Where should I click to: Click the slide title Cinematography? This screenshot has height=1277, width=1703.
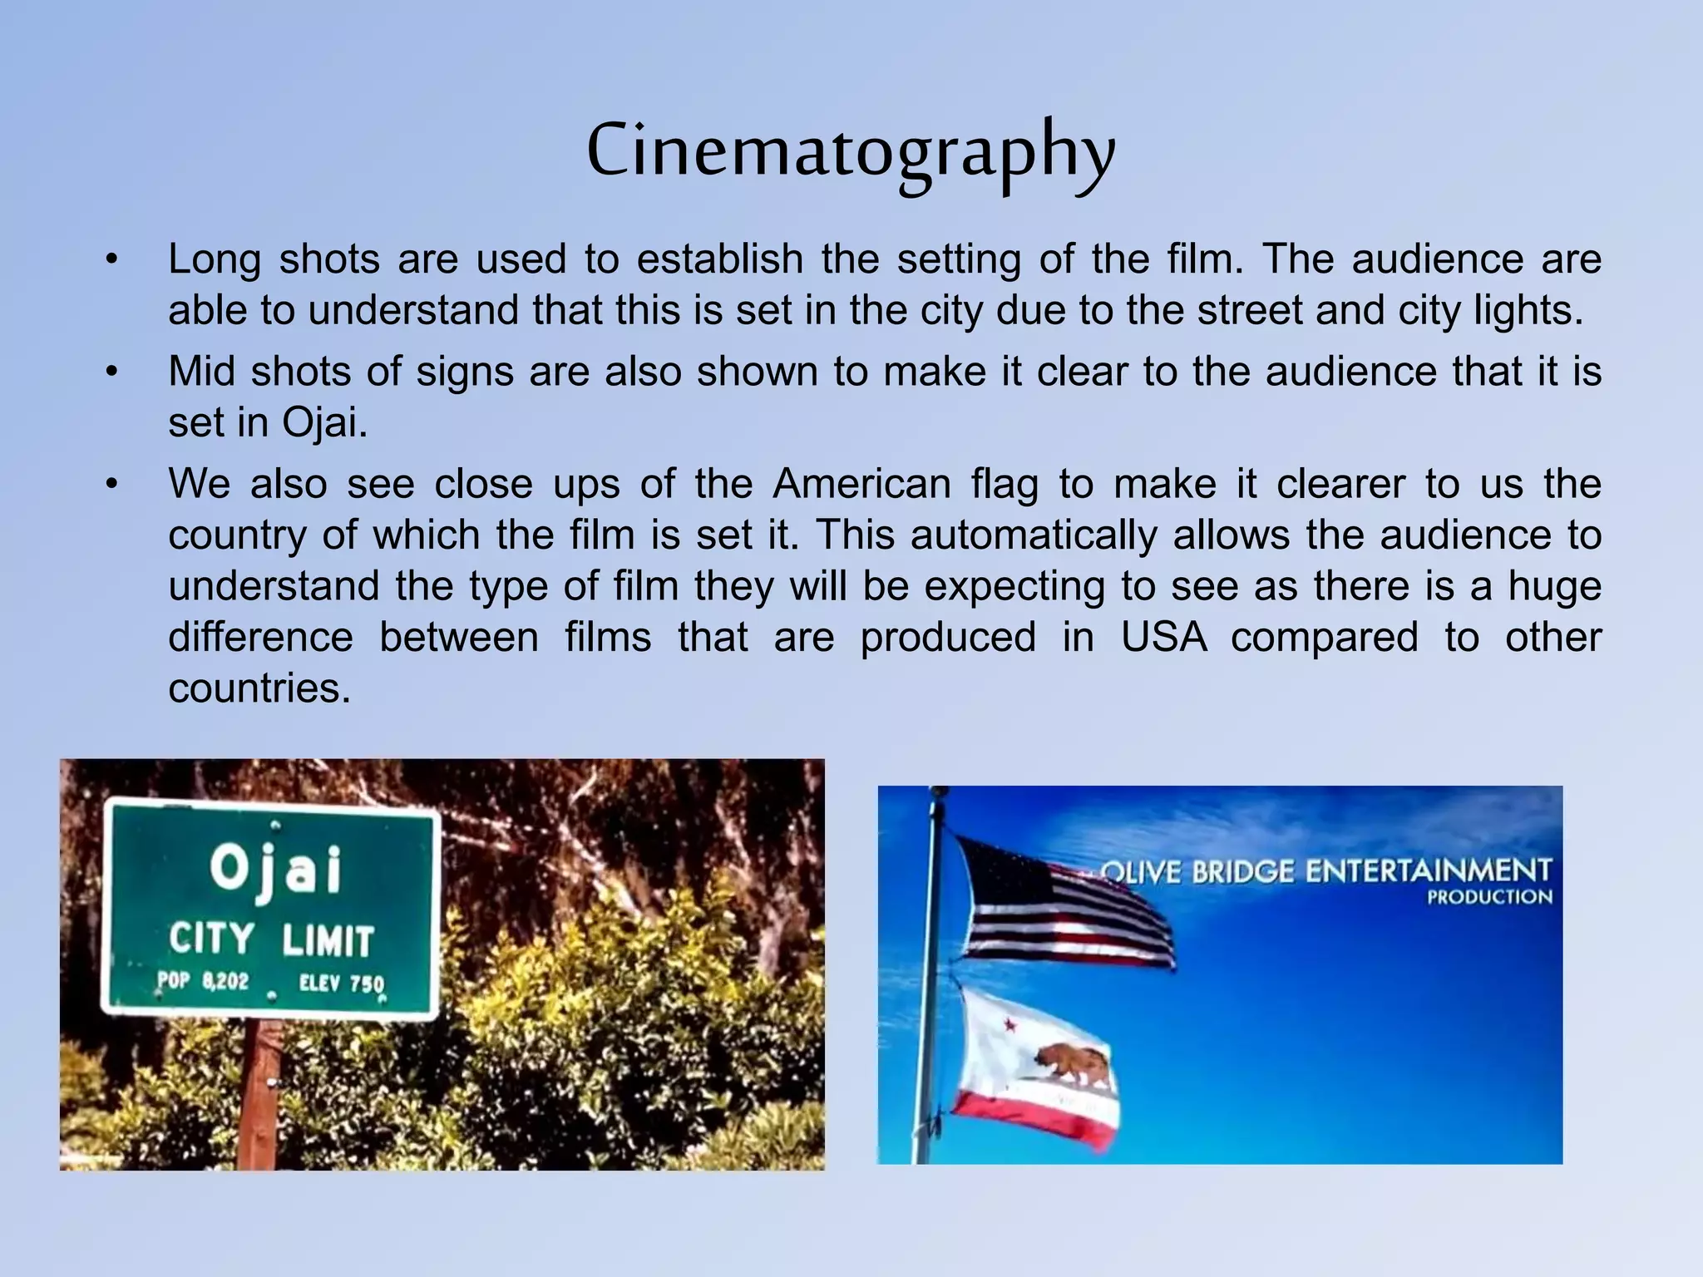click(851, 153)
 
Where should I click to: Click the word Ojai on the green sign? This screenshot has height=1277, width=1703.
click(275, 870)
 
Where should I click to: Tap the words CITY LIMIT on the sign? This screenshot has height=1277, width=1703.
click(271, 940)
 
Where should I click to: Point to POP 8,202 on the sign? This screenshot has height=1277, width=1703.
click(203, 981)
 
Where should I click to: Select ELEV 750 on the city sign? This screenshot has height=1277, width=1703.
click(342, 984)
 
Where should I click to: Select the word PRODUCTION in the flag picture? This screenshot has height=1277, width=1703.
click(1489, 897)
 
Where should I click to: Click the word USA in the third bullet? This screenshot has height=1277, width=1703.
click(1163, 638)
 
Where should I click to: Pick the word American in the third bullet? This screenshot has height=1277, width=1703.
click(861, 484)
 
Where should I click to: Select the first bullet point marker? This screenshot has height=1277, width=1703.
click(112, 259)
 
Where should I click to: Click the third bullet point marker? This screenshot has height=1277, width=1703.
click(112, 484)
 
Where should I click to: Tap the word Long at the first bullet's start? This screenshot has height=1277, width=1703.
click(215, 259)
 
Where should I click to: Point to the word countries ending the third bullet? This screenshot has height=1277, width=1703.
click(259, 688)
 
